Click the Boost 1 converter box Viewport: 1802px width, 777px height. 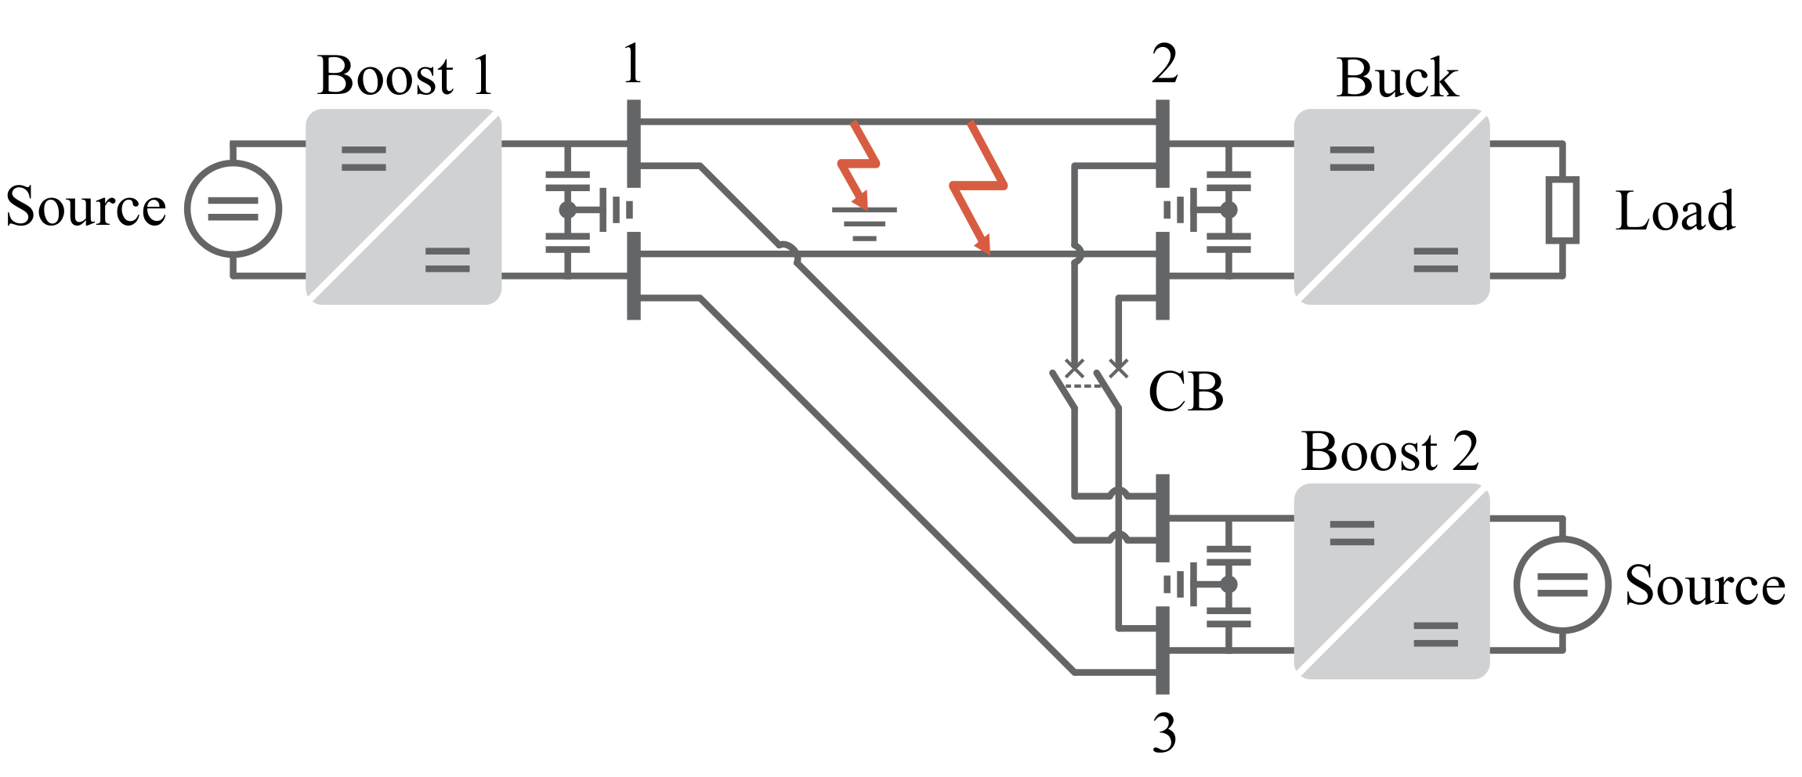pyautogui.click(x=403, y=206)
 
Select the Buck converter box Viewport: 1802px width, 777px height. pyautogui.click(x=1391, y=206)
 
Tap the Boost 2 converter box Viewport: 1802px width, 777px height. pyautogui.click(x=1391, y=580)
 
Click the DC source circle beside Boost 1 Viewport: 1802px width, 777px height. pyautogui.click(x=233, y=209)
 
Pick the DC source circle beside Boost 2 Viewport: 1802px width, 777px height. pyautogui.click(x=1562, y=584)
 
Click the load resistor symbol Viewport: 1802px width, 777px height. pyautogui.click(x=1562, y=209)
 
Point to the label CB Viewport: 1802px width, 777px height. pyautogui.click(x=1185, y=392)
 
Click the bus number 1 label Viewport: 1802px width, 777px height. pyautogui.click(x=633, y=64)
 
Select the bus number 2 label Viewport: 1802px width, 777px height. pyautogui.click(x=1164, y=64)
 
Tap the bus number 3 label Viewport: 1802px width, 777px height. pyautogui.click(x=1164, y=734)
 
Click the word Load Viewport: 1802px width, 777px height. pyautogui.click(x=1675, y=211)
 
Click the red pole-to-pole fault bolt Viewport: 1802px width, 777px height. pyautogui.click(x=976, y=186)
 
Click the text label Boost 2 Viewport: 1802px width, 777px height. pyautogui.click(x=1389, y=452)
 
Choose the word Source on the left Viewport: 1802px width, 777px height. pyautogui.click(x=86, y=206)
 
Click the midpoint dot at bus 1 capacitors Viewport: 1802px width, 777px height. pyautogui.click(x=567, y=210)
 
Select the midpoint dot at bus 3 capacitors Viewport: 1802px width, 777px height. pyautogui.click(x=1228, y=584)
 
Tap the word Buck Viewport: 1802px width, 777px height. pyautogui.click(x=1397, y=78)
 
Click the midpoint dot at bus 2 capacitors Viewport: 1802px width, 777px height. pyautogui.click(x=1228, y=210)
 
